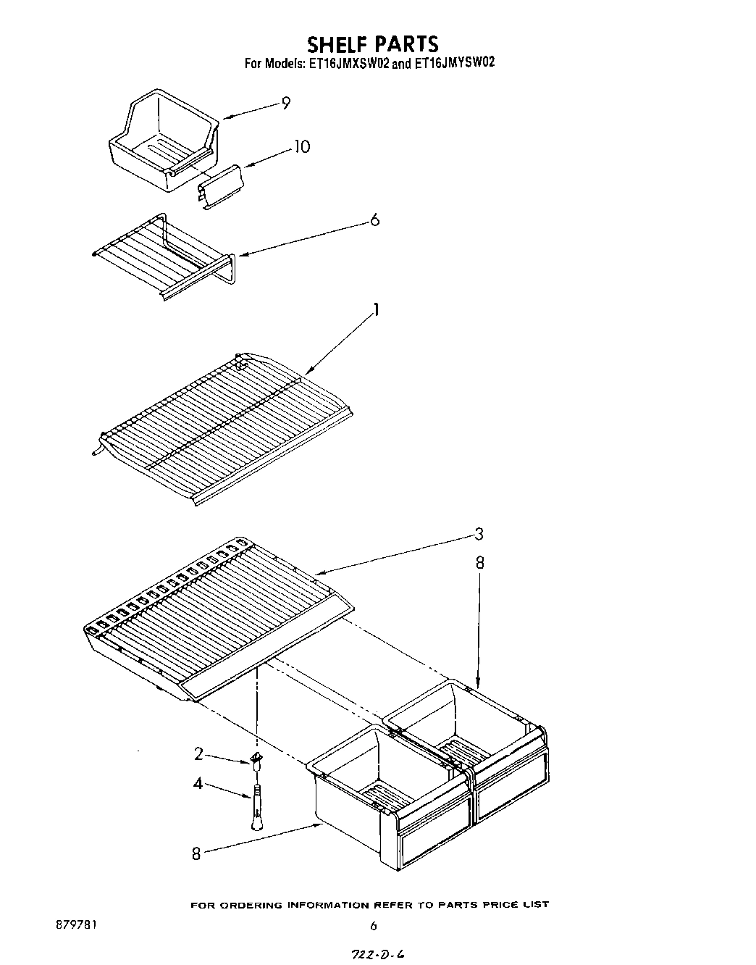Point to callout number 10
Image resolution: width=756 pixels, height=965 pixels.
[301, 147]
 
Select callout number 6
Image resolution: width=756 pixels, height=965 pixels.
[374, 220]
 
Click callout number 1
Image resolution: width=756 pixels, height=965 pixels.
[376, 311]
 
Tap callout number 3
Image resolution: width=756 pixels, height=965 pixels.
[479, 535]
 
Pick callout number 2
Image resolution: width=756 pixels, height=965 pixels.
[198, 753]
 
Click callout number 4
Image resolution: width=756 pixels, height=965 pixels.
[198, 783]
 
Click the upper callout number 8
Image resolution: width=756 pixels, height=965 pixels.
[479, 563]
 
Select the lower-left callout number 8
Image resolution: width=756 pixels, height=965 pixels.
[196, 854]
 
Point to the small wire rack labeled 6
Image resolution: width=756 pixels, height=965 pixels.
[163, 254]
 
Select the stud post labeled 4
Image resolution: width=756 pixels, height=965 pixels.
[256, 805]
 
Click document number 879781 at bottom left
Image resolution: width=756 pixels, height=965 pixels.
[76, 925]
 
